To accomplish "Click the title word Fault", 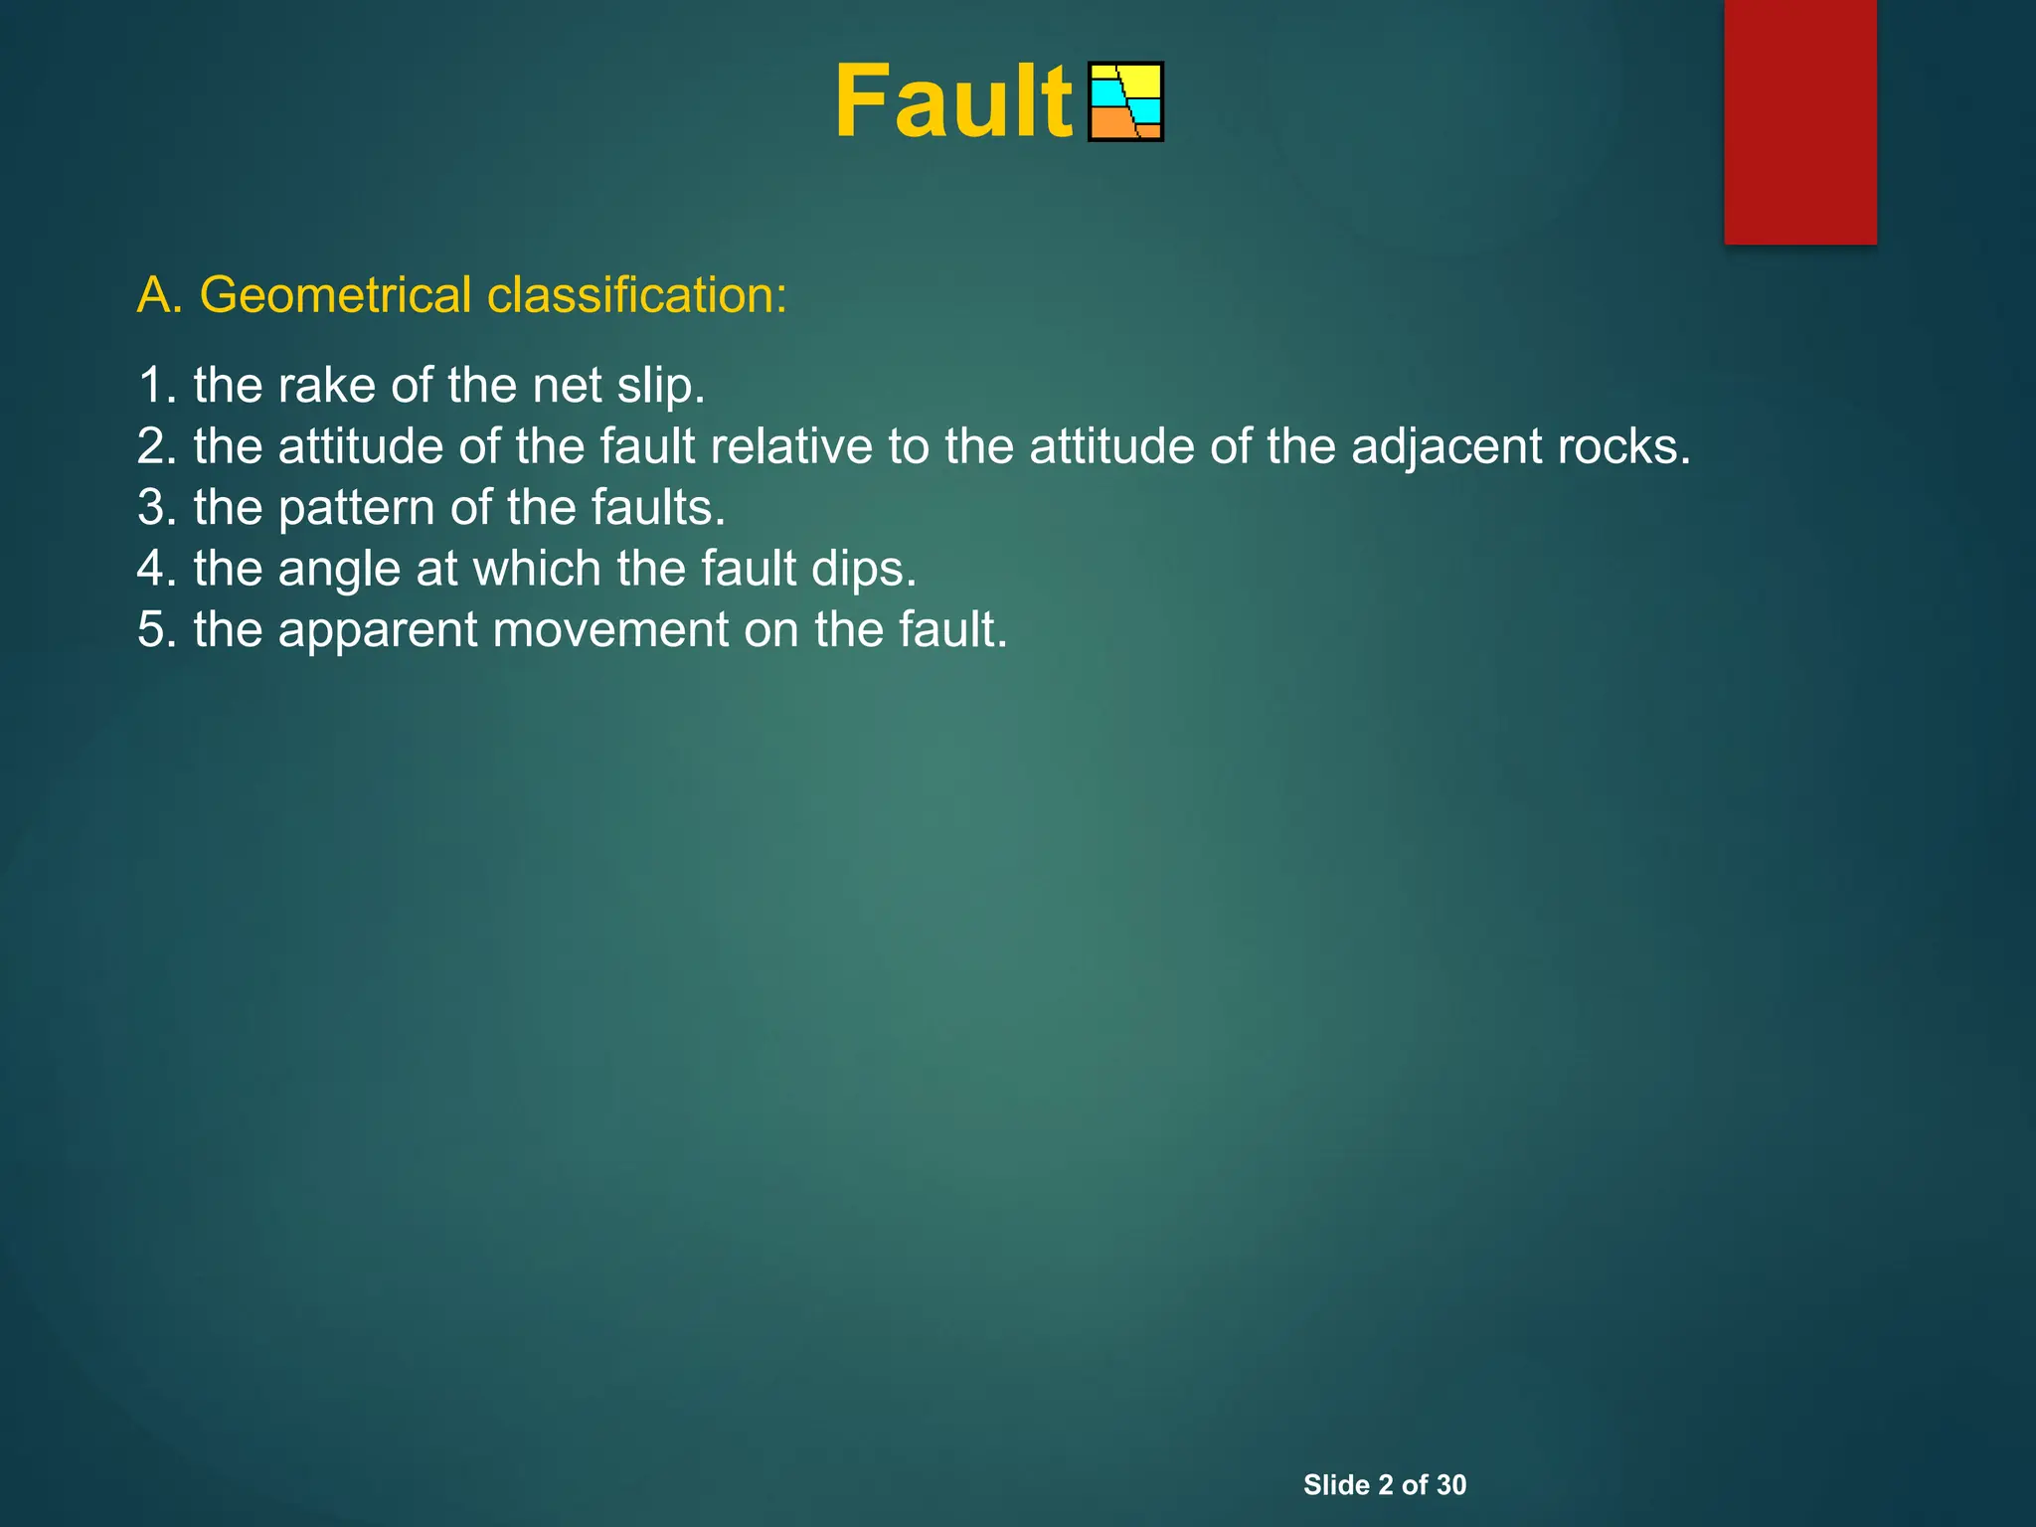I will [x=952, y=102].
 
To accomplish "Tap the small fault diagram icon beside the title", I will [x=1125, y=102].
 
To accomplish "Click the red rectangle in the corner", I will [x=1799, y=121].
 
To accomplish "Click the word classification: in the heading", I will [x=636, y=295].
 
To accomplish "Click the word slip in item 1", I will [x=657, y=386].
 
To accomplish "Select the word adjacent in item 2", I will [x=1447, y=446].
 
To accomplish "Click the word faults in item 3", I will [x=654, y=508].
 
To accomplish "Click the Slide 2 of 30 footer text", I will [x=1384, y=1484].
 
